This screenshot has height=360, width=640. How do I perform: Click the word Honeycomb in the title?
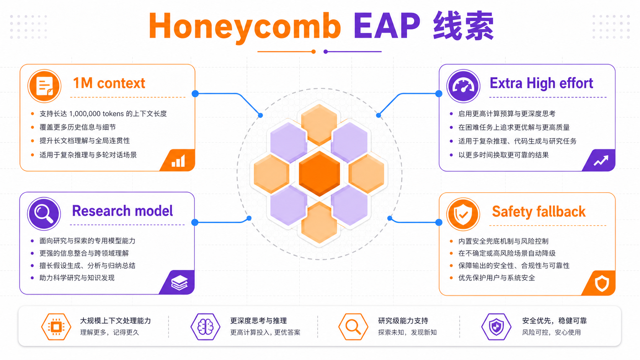pos(245,26)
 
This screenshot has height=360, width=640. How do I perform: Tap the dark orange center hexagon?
pos(320,174)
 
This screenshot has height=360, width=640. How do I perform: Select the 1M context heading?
pos(109,83)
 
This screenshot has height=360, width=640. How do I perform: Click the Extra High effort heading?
pos(541,83)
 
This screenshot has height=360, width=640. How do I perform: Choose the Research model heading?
pos(122,211)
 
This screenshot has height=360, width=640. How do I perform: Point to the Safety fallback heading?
pos(539,212)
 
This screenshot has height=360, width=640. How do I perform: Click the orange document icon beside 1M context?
pos(44,86)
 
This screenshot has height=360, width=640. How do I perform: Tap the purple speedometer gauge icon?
pos(463,86)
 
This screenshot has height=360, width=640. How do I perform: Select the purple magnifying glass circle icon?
pos(44,213)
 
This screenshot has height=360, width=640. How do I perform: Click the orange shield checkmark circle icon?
pos(463,214)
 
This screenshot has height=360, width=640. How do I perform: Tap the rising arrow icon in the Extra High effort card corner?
pos(601,160)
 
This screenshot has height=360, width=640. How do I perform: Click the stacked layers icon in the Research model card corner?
pos(180,283)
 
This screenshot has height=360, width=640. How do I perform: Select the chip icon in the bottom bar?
pos(56,327)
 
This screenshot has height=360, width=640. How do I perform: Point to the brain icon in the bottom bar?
pos(206,327)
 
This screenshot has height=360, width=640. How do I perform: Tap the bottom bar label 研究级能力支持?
pos(403,321)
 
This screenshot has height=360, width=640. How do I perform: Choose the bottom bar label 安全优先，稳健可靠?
pos(554,321)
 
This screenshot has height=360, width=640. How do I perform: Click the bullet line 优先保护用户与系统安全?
pos(496,278)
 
